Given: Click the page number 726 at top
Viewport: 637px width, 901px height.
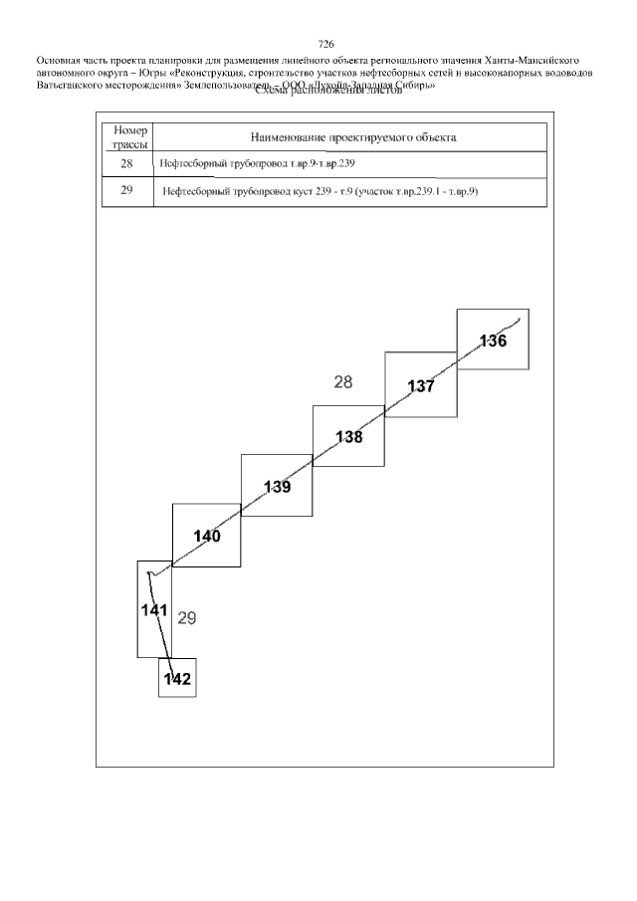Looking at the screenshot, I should pos(325,44).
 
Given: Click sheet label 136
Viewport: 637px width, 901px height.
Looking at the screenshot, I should pos(493,340).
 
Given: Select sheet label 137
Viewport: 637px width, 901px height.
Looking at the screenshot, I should pos(421,386).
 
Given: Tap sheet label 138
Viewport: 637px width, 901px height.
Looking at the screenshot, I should pos(348,436).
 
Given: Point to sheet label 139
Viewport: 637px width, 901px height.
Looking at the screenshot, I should pos(278,487).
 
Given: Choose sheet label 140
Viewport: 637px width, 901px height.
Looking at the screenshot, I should pos(207,536).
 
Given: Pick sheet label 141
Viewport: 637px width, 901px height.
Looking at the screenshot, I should pos(153,609).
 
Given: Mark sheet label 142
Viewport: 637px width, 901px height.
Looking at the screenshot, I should pos(177,680).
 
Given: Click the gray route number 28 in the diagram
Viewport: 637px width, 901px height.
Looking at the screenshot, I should pos(343,381).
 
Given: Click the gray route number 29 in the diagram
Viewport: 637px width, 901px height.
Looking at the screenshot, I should pos(186,618).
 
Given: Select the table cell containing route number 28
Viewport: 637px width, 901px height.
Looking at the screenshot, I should pos(126,164).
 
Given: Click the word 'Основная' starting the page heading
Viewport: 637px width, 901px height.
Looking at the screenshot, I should pos(59,60).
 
